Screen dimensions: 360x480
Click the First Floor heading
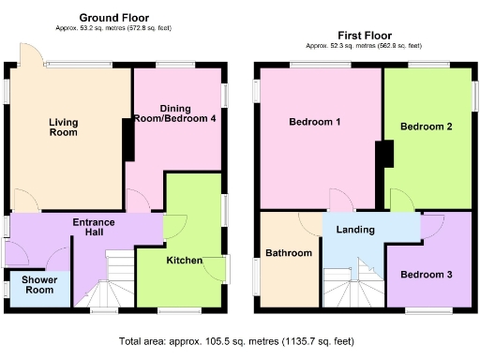click(363, 35)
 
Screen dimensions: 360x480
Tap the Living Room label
click(63, 127)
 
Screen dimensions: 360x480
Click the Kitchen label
click(184, 260)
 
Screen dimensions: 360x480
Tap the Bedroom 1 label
click(314, 123)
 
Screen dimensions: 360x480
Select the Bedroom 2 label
click(427, 127)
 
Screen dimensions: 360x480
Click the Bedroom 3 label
click(426, 275)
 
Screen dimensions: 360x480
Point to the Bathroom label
click(288, 253)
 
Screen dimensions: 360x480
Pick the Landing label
click(355, 230)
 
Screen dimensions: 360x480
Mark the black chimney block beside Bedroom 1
click(383, 155)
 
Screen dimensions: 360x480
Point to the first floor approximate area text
click(363, 46)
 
